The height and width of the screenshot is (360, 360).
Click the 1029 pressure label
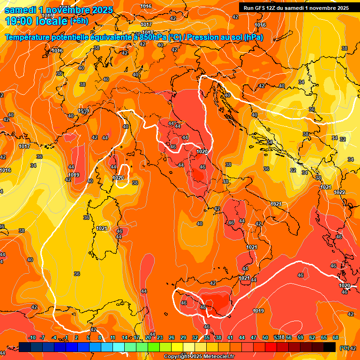pos(83,111)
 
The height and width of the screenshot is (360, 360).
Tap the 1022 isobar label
pos(339,193)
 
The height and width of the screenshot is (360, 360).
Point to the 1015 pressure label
pos(47,15)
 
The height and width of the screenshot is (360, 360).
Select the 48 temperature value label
pos(203,307)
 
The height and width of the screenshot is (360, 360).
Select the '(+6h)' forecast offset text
pos(79,21)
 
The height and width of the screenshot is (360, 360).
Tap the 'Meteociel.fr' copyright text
pos(216,357)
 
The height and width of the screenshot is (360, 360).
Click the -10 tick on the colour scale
pos(32,337)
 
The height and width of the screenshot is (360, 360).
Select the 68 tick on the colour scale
pos(336,337)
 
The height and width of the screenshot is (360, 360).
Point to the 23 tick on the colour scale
pos(160,337)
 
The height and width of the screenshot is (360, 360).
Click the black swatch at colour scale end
pos(330,347)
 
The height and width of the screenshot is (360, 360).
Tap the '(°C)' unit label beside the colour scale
pos(344,348)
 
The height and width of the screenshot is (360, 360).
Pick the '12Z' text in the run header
pos(272,8)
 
